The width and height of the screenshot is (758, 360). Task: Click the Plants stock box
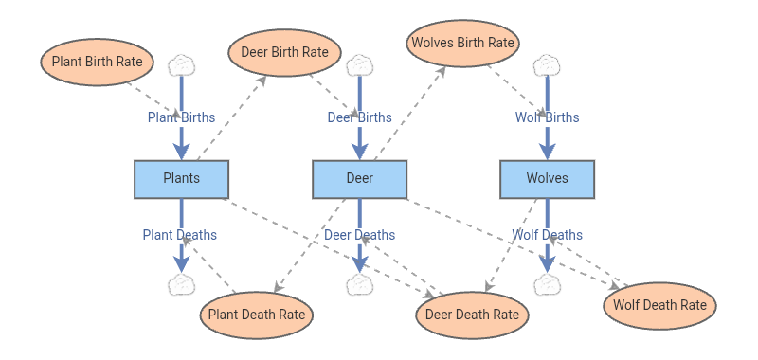pyautogui.click(x=181, y=179)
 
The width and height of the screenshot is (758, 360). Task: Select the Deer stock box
pyautogui.click(x=360, y=179)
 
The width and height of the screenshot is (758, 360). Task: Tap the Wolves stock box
pyautogui.click(x=548, y=179)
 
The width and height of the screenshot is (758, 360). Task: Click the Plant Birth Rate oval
pyautogui.click(x=98, y=63)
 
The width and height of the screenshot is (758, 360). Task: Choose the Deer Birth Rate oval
pyautogui.click(x=285, y=53)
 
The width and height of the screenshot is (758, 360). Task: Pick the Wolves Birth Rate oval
pyautogui.click(x=463, y=44)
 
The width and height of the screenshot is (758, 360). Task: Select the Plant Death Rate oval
pyautogui.click(x=257, y=315)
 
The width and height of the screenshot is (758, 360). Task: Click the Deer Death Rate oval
pyautogui.click(x=472, y=315)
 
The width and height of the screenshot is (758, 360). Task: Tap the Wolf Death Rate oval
pyautogui.click(x=659, y=306)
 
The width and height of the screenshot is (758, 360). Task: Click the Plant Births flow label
pyautogui.click(x=181, y=117)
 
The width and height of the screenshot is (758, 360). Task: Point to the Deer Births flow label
pyautogui.click(x=360, y=117)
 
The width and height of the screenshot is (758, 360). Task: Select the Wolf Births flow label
pyautogui.click(x=548, y=117)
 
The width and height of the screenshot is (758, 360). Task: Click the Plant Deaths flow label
pyautogui.click(x=180, y=235)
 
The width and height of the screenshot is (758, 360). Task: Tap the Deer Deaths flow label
pyautogui.click(x=360, y=235)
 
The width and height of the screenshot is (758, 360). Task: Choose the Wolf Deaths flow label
pyautogui.click(x=548, y=235)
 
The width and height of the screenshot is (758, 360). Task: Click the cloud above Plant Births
pyautogui.click(x=181, y=65)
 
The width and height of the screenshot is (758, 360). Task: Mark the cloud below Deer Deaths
pyautogui.click(x=360, y=284)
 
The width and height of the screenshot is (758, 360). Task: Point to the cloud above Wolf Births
pyautogui.click(x=547, y=65)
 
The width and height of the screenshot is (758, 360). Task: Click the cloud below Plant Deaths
pyautogui.click(x=181, y=284)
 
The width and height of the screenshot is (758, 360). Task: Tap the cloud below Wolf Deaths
pyautogui.click(x=548, y=284)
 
